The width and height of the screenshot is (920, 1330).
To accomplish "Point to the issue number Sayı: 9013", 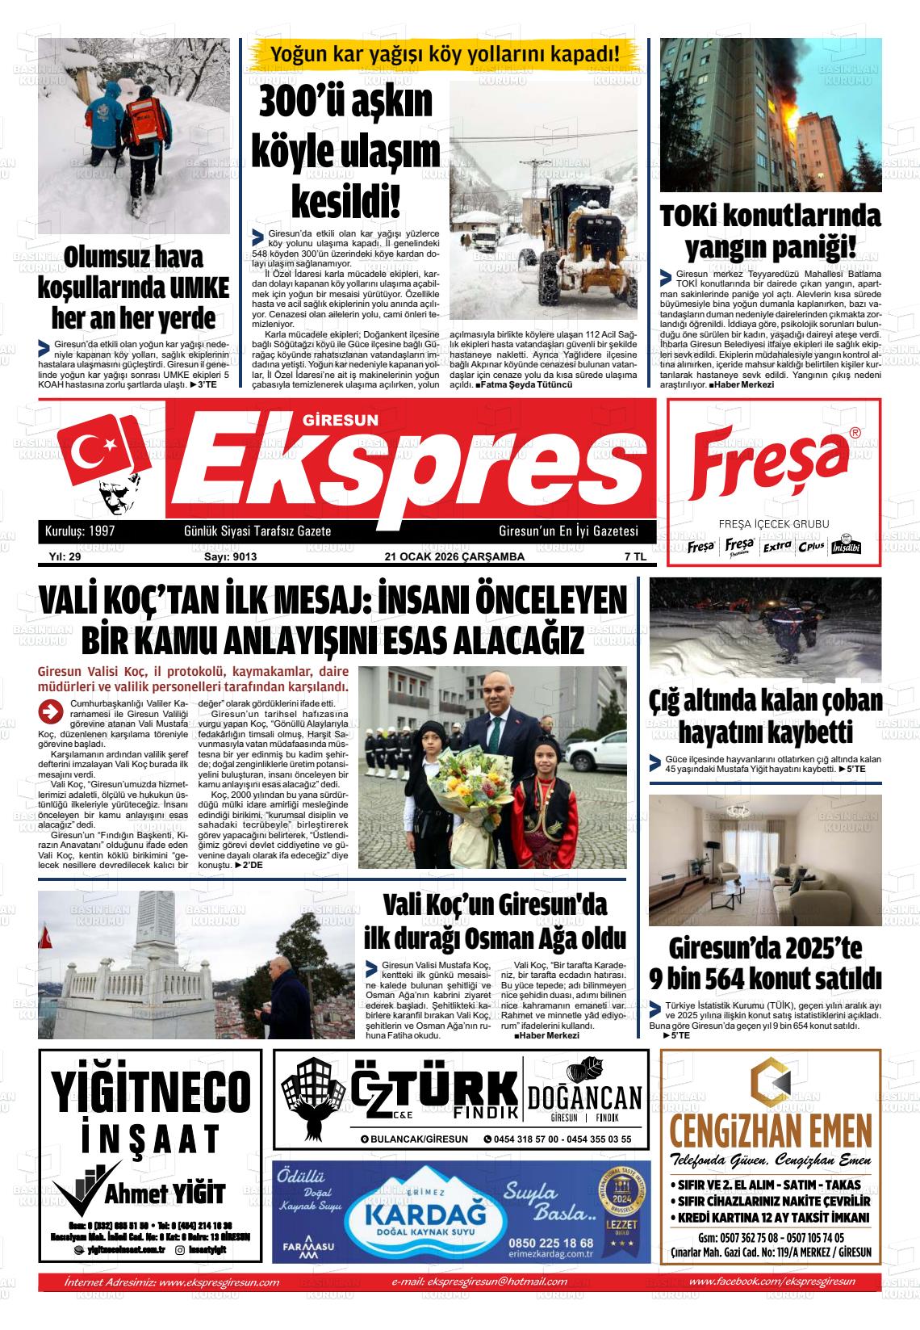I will pyautogui.click(x=230, y=556).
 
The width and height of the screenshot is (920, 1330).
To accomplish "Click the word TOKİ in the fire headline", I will pyautogui.click(x=696, y=217).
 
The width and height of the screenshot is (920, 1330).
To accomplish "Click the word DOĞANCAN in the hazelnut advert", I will pyautogui.click(x=584, y=1098).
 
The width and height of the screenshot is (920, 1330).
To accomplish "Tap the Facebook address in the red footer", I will pyautogui.click(x=773, y=1282).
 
